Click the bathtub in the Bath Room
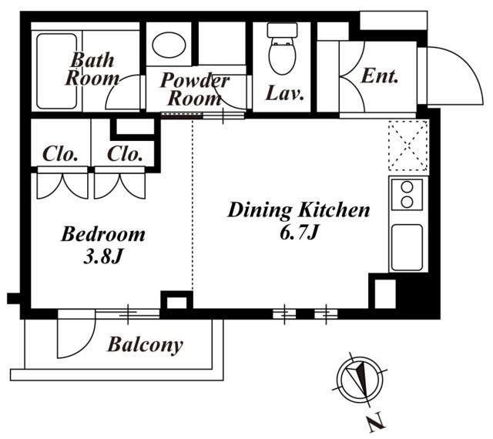click(x=56, y=71)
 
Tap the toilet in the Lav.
click(x=283, y=49)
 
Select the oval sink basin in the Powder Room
click(x=169, y=45)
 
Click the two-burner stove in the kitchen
click(x=407, y=194)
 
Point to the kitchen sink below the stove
click(x=407, y=247)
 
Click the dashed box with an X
click(x=408, y=146)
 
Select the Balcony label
click(x=146, y=345)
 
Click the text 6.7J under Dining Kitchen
click(x=300, y=233)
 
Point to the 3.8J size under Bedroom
click(x=102, y=257)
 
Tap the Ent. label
click(x=380, y=76)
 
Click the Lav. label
click(x=285, y=93)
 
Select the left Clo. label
click(x=60, y=154)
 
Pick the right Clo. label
click(x=125, y=154)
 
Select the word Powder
click(x=195, y=80)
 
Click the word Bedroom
click(x=103, y=234)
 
